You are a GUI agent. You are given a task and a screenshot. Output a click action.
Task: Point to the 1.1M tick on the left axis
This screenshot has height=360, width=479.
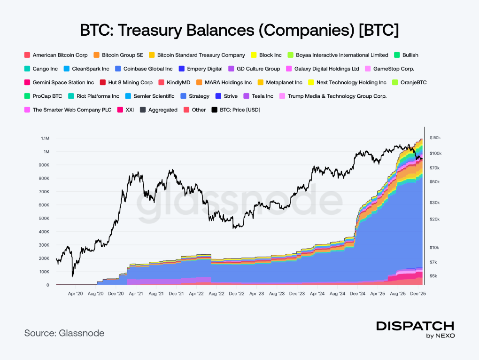(x=45, y=138)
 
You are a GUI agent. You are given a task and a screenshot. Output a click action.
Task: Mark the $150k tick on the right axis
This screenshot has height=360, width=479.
(x=435, y=138)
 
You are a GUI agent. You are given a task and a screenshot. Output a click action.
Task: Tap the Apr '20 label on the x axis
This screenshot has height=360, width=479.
(x=76, y=293)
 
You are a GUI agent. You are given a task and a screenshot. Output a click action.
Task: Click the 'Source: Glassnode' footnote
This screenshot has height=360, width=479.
(x=64, y=333)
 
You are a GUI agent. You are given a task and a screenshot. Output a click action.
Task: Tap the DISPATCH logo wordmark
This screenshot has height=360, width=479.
(x=415, y=326)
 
